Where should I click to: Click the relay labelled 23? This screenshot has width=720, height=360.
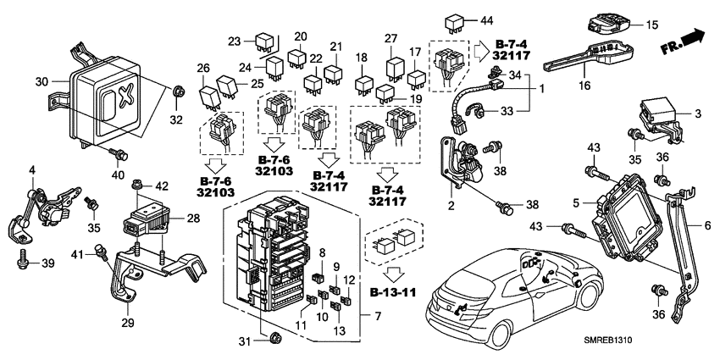click(x=264, y=41)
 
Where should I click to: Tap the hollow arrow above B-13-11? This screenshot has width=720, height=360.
click(x=390, y=276)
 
